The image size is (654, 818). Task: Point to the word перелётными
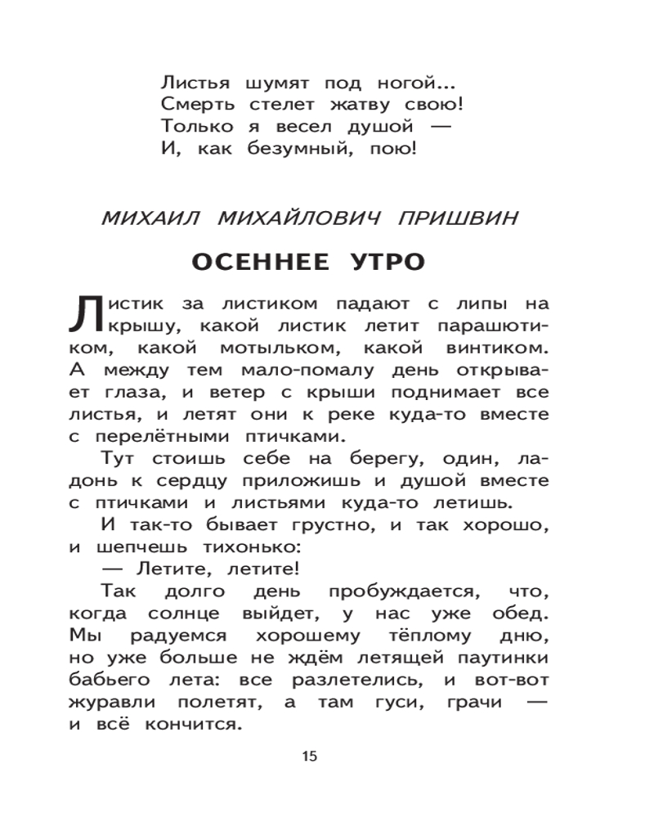coord(170,435)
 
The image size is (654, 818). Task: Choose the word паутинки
coord(495,657)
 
